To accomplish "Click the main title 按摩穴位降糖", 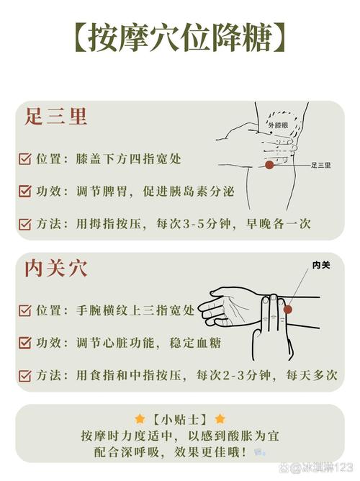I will point(179,37).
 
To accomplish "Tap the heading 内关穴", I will point(56,269).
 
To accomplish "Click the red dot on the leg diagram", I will point(269,165).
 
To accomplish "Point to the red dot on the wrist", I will point(287,310).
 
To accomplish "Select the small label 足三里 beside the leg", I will point(320,166).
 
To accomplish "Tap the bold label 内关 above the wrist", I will point(320,265).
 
